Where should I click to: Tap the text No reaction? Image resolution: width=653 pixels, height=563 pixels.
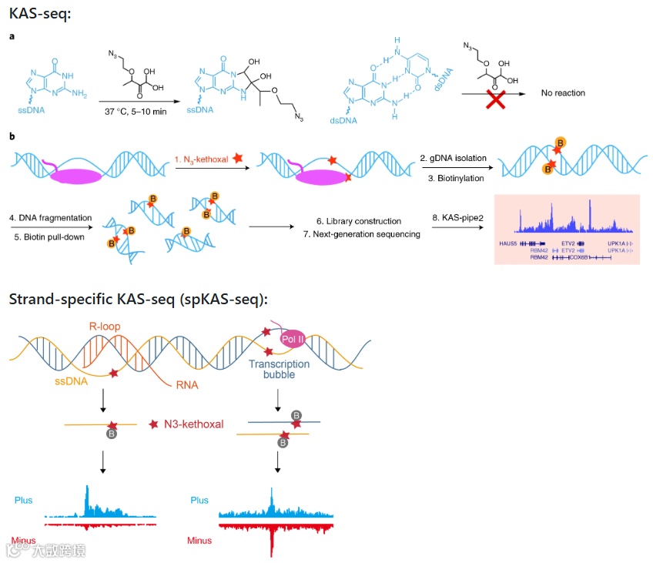(563, 93)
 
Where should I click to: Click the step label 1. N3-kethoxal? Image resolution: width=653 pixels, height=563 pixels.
(205, 159)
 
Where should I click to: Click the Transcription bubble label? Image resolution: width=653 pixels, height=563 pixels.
(279, 369)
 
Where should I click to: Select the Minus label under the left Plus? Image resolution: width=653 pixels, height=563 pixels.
(24, 540)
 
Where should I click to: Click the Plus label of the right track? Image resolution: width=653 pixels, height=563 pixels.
(199, 501)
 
